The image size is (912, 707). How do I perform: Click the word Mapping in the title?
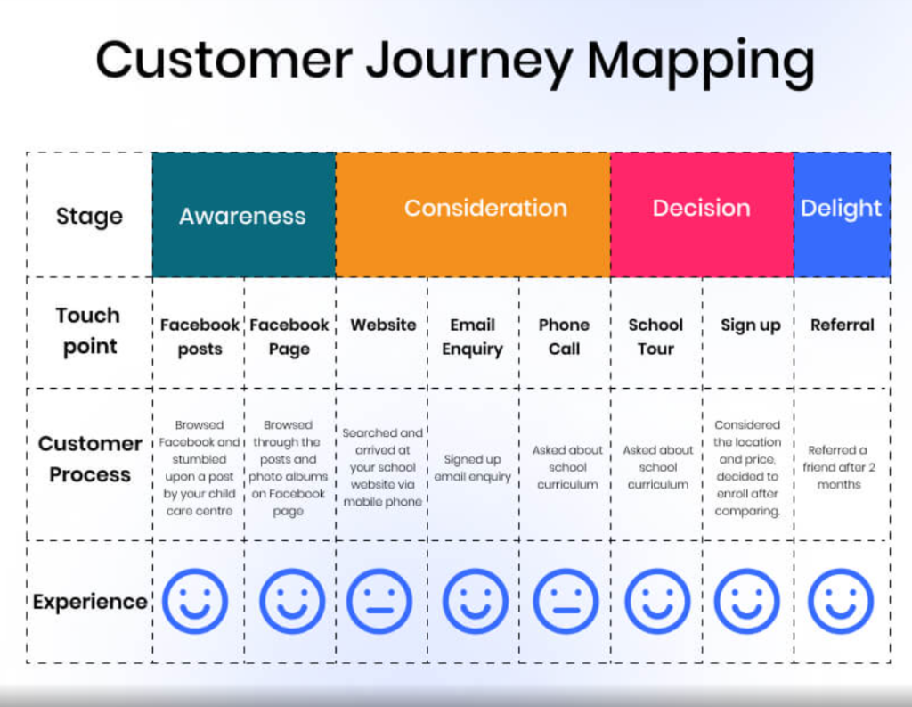click(700, 62)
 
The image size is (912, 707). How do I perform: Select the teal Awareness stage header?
click(242, 215)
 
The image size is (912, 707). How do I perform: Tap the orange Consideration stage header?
click(485, 208)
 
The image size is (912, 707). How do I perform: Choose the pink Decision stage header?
click(701, 208)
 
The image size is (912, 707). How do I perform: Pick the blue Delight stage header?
click(841, 208)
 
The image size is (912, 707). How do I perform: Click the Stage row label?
click(89, 216)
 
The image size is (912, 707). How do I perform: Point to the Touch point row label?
click(87, 331)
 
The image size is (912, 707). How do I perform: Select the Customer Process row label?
click(89, 459)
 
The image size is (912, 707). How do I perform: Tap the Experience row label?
click(90, 602)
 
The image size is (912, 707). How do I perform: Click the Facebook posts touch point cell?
click(199, 337)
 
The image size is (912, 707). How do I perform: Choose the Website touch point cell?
click(383, 325)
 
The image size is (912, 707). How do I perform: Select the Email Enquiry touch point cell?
click(472, 337)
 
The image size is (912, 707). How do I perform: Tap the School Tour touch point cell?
click(655, 337)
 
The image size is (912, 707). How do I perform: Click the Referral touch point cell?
click(842, 325)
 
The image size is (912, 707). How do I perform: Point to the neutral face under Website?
click(380, 602)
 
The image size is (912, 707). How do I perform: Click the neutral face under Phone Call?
click(565, 602)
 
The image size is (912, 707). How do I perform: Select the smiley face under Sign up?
click(747, 602)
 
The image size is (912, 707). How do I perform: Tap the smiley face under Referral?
click(840, 602)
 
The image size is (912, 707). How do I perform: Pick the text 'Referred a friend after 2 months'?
click(839, 467)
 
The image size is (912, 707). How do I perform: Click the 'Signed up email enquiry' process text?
click(472, 468)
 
